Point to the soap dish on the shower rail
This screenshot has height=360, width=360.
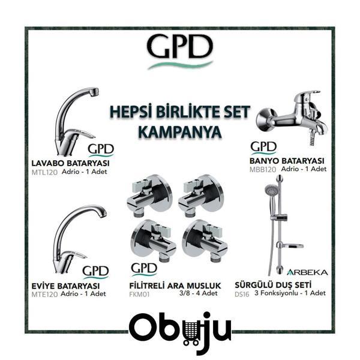(290, 246)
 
